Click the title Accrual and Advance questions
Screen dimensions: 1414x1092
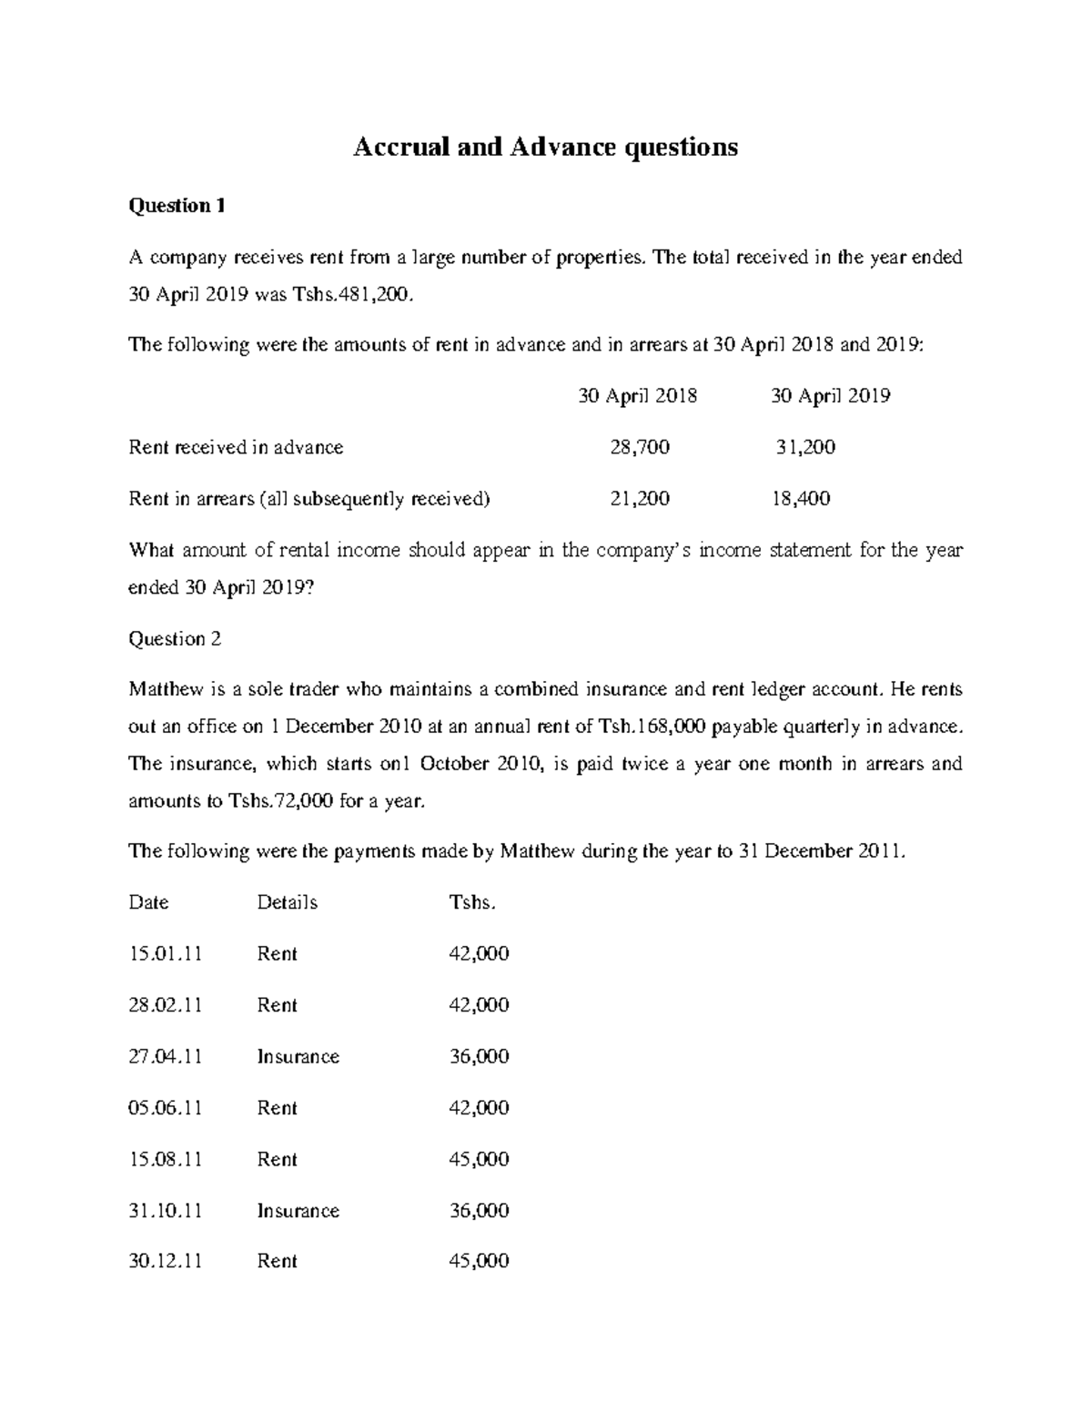click(545, 147)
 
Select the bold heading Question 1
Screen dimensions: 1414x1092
click(177, 206)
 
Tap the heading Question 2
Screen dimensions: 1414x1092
click(175, 639)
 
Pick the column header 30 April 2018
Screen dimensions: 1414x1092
click(638, 396)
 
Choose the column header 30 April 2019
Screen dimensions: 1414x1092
click(830, 396)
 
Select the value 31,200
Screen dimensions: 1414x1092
click(805, 447)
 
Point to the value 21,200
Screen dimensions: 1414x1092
click(639, 499)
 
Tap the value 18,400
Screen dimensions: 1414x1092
click(800, 499)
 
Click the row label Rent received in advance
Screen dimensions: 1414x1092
click(236, 447)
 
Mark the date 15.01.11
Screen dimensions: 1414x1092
click(165, 954)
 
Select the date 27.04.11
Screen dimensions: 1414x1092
click(165, 1057)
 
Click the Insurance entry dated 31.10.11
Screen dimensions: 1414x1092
click(298, 1211)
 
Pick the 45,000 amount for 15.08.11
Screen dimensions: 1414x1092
click(479, 1160)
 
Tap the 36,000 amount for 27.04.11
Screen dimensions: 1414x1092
click(479, 1057)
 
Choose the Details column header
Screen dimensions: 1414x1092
click(287, 902)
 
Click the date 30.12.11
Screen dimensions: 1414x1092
click(165, 1262)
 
